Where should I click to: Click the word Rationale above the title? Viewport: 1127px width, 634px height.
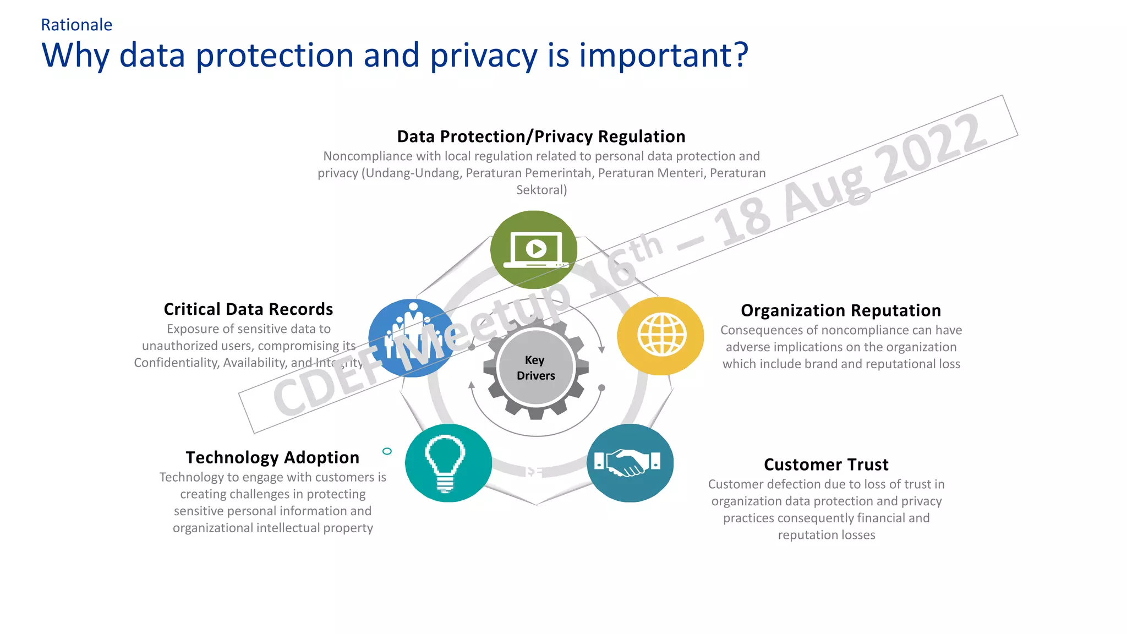click(76, 25)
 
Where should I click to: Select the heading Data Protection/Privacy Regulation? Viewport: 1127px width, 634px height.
click(541, 136)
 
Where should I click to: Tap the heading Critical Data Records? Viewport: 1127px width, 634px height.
click(248, 309)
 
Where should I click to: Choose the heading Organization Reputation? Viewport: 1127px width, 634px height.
click(840, 310)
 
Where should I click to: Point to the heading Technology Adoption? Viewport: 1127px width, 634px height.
click(272, 457)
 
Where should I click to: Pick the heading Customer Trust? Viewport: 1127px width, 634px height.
click(826, 464)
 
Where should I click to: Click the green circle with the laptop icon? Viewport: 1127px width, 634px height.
click(533, 249)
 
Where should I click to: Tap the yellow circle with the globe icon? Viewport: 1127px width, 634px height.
click(660, 336)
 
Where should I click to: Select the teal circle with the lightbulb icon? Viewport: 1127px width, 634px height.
click(448, 463)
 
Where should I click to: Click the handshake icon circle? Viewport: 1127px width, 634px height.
click(630, 463)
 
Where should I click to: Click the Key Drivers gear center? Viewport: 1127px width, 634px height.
click(535, 368)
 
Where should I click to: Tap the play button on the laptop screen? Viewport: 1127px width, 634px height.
click(536, 249)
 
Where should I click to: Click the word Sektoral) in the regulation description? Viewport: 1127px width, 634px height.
click(541, 190)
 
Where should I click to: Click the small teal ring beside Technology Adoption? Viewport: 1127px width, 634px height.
click(387, 451)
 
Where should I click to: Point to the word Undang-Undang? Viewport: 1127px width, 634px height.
click(413, 173)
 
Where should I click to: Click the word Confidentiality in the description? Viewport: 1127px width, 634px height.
click(176, 363)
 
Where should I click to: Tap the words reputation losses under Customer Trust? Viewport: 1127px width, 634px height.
click(826, 535)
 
